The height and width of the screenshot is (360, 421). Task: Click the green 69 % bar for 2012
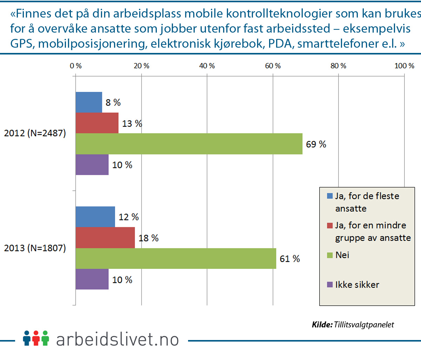click(x=189, y=144)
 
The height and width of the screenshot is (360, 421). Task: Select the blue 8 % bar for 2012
click(x=89, y=102)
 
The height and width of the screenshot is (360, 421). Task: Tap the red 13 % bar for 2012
click(x=97, y=123)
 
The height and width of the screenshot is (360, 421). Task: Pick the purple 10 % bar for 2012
click(x=92, y=165)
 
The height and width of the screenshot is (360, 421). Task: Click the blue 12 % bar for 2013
click(x=95, y=217)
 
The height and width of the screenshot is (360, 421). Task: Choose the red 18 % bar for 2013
click(x=105, y=238)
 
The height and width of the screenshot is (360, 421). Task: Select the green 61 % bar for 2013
click(x=176, y=259)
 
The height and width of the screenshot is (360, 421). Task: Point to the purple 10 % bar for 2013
click(x=92, y=279)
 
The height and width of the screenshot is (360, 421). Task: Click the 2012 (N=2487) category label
click(x=35, y=133)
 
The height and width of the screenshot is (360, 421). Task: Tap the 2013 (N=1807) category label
click(x=35, y=248)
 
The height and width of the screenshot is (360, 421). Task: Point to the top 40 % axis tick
click(x=207, y=66)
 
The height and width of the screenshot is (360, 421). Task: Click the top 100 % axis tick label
click(x=404, y=66)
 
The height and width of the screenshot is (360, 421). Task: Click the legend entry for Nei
click(x=342, y=255)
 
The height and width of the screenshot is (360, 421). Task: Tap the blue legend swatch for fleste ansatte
click(x=330, y=196)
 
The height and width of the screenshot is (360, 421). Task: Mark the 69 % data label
click(x=316, y=144)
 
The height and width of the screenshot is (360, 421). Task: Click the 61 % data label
click(x=290, y=259)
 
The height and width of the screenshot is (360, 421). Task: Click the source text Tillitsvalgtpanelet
click(x=364, y=325)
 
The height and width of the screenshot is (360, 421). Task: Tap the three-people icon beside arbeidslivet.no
click(x=36, y=338)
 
